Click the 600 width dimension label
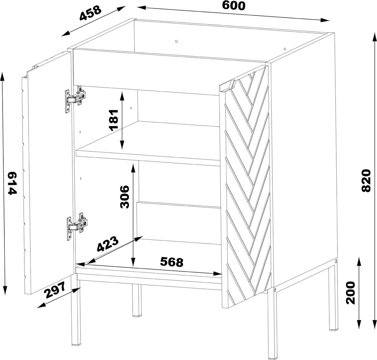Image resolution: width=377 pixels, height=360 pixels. tap(234, 6)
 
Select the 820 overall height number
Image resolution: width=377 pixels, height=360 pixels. tap(366, 181)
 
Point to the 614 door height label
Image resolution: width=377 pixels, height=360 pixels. tap(12, 184)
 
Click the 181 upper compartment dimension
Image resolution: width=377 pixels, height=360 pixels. tap(113, 120)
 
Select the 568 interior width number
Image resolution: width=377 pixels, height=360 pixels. tap(171, 262)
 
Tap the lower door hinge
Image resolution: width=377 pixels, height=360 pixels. tap(77, 226)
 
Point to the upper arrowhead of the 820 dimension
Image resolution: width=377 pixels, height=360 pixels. tap(374, 38)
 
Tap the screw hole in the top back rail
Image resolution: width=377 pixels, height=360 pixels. tap(176, 41)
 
